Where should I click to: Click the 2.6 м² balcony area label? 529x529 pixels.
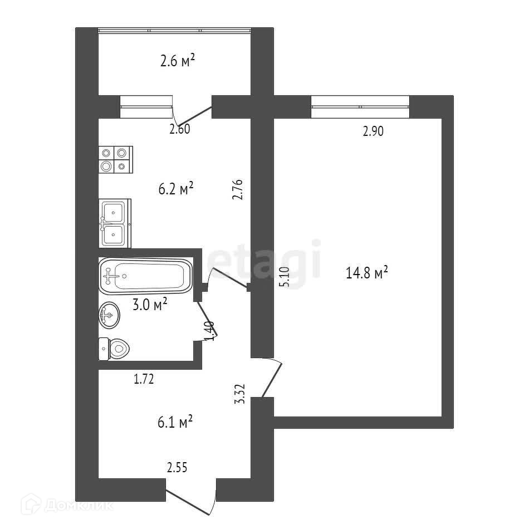[x=177, y=61]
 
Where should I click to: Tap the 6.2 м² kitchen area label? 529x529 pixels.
[x=176, y=189]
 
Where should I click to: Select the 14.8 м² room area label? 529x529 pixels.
[x=367, y=273]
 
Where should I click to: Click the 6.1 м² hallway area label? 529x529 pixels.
[x=175, y=423]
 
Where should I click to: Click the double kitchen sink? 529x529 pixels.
[x=115, y=223]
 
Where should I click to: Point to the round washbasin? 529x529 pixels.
[x=109, y=316]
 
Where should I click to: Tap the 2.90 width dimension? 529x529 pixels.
[x=374, y=132]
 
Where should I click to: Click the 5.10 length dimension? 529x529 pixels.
[x=285, y=277]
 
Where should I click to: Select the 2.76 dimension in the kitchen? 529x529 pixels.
[x=239, y=189]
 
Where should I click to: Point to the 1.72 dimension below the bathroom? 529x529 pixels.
[x=143, y=380]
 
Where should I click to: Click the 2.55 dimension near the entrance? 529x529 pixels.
[x=177, y=468]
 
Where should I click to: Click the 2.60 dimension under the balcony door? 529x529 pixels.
[x=180, y=130]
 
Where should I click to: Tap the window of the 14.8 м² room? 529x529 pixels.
[x=360, y=107]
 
